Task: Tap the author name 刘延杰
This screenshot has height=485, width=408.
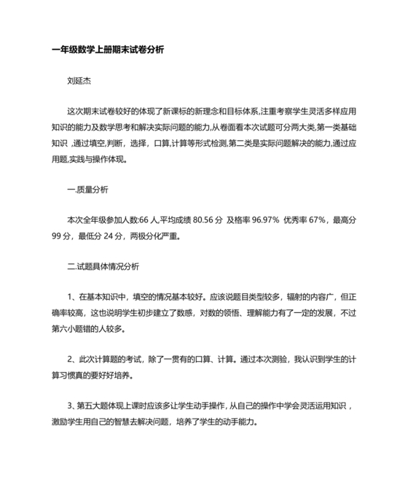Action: tap(79, 82)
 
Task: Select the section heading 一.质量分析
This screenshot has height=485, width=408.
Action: tap(87, 190)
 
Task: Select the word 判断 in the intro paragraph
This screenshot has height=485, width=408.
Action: tap(117, 143)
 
